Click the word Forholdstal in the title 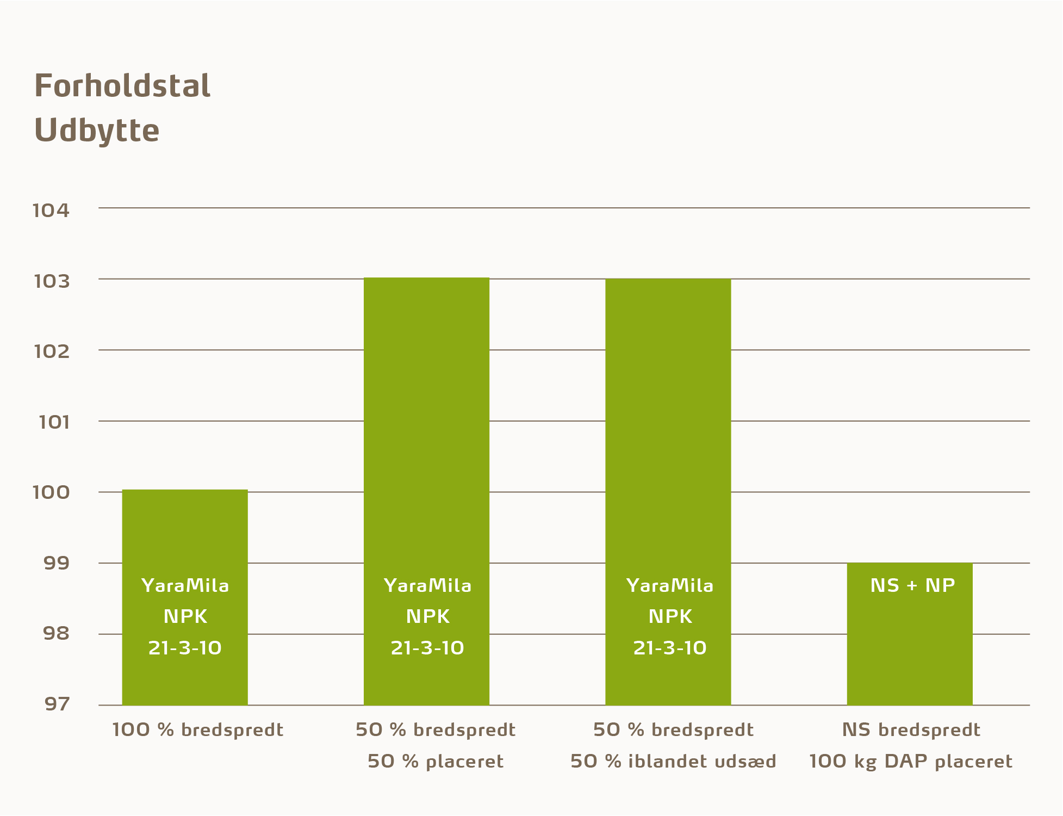pos(122,86)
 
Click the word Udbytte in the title pos(97,131)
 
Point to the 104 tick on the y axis pos(52,211)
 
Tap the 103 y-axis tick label pos(52,281)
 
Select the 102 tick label pos(52,351)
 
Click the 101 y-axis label pos(54,422)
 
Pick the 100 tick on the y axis pos(52,492)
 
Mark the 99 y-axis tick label pos(57,563)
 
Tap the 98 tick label pos(57,633)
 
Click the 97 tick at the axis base pos(57,704)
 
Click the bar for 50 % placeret pos(426,435)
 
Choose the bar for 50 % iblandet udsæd pos(668,435)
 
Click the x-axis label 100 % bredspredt pos(198,730)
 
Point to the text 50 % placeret pos(436,761)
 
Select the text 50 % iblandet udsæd pos(673,761)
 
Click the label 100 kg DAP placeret pos(911,761)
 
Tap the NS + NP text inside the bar pos(912,585)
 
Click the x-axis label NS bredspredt pos(911,730)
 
